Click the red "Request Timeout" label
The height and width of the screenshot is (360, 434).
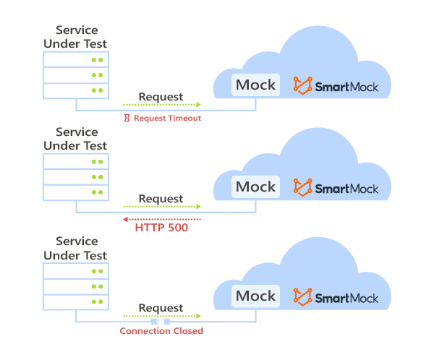(x=167, y=118)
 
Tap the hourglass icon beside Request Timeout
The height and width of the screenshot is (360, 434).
(x=127, y=118)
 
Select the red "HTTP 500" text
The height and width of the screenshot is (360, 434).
(x=161, y=228)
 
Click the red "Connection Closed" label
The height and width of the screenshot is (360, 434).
(x=161, y=331)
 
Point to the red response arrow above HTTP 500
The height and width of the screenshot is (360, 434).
(x=161, y=218)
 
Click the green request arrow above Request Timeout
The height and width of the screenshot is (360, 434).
(x=161, y=106)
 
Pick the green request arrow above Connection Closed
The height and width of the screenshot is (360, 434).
(x=161, y=317)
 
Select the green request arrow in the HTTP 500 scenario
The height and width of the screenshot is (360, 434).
(x=161, y=207)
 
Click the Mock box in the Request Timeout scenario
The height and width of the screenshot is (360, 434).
(x=255, y=85)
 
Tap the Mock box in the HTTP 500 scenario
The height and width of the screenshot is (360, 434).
(x=255, y=187)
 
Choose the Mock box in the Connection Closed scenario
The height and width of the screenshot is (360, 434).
(x=255, y=296)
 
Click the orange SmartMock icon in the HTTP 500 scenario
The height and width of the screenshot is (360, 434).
(x=302, y=188)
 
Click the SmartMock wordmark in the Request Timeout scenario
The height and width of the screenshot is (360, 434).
(x=346, y=86)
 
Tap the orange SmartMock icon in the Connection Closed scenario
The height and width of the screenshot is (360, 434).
(x=302, y=297)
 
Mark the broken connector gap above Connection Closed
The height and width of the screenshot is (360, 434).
(x=161, y=322)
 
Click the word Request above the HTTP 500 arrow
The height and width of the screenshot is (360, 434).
(x=161, y=199)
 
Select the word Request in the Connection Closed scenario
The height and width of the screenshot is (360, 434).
(x=161, y=308)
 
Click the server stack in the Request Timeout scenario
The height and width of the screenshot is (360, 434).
(x=75, y=75)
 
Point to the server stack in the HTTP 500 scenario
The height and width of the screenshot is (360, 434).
(x=75, y=177)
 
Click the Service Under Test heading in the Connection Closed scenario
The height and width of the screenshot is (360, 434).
(x=75, y=248)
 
